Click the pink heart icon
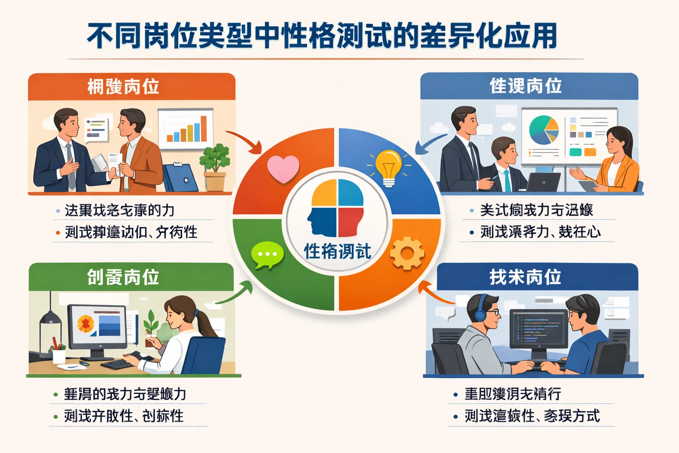(x=283, y=169)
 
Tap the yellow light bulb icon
(x=389, y=168)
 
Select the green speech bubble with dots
(x=267, y=255)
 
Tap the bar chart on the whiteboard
(x=186, y=129)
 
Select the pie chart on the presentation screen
(x=544, y=130)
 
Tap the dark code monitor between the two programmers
(x=538, y=330)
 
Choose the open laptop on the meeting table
(x=543, y=182)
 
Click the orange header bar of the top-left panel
(x=131, y=87)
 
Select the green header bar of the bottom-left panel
(x=131, y=277)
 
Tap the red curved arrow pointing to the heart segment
(x=244, y=141)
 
